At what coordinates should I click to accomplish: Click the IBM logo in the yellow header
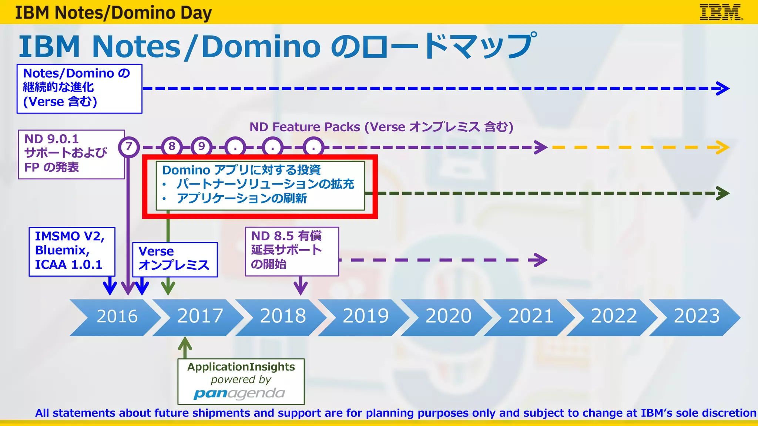(721, 12)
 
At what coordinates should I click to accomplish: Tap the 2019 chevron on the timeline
(365, 317)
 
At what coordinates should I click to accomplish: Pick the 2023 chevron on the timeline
(696, 317)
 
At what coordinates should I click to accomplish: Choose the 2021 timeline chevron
(530, 317)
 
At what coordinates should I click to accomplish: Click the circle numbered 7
(129, 147)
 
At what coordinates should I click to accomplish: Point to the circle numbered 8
(172, 147)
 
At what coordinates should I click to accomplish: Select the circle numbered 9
(201, 147)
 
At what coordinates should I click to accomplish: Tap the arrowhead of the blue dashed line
(722, 88)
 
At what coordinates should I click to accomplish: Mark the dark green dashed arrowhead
(722, 193)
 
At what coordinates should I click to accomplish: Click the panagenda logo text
(239, 393)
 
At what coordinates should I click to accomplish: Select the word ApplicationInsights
(241, 367)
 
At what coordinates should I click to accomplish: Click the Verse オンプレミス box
(175, 259)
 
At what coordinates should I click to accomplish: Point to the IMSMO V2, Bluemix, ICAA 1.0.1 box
(72, 251)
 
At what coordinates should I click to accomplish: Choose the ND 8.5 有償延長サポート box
(292, 251)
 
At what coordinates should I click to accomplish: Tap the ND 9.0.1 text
(51, 139)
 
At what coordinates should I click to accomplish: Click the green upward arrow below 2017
(185, 346)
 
